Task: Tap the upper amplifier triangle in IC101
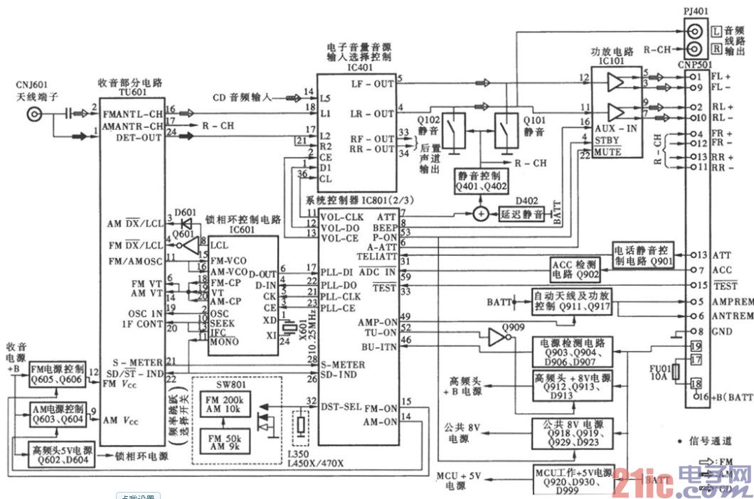614,84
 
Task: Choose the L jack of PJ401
694,31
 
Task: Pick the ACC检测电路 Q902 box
577,269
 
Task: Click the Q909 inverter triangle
496,338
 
